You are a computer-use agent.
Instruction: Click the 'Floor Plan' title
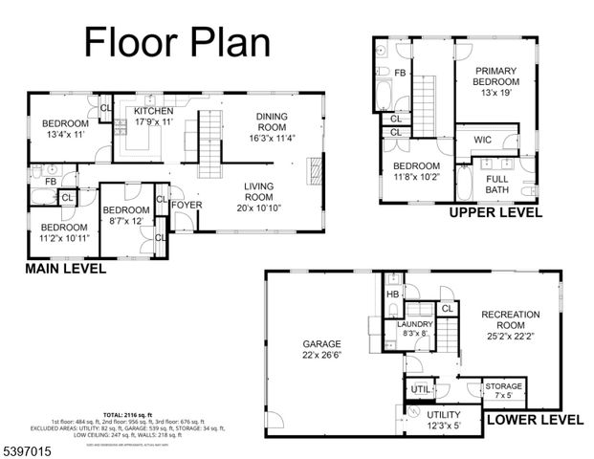177,41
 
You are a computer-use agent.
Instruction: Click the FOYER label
187,204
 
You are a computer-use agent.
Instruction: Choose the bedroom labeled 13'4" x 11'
64,129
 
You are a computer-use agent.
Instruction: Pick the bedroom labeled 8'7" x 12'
125,215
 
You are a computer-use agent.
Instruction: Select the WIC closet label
482,141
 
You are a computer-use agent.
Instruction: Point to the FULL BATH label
496,184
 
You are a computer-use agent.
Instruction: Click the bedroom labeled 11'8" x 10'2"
416,170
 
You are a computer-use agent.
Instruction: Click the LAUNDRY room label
415,329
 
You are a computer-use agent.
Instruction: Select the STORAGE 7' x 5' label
503,390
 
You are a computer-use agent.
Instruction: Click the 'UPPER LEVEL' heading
495,212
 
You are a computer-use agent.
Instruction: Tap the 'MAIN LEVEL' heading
65,269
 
